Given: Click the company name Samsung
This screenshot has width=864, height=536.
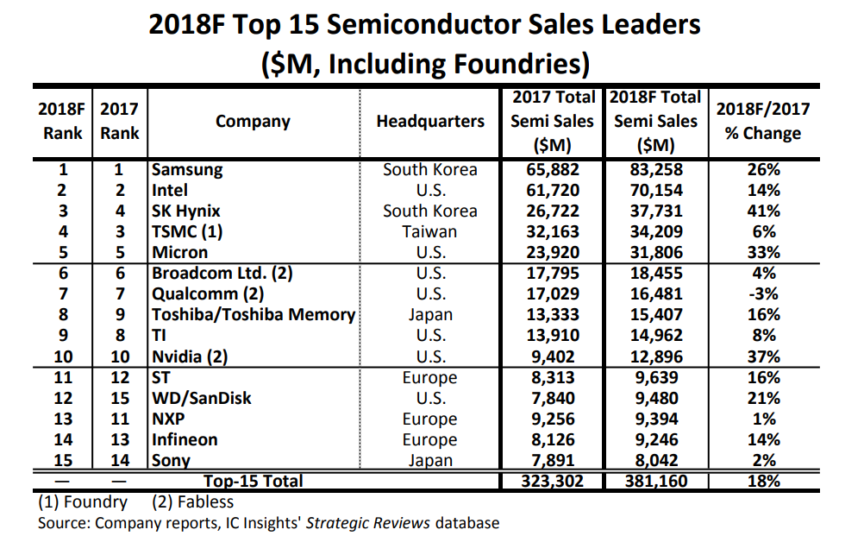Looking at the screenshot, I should (187, 170).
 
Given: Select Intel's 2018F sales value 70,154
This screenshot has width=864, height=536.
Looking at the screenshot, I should (657, 191).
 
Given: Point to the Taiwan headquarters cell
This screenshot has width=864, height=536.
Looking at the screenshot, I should (429, 232).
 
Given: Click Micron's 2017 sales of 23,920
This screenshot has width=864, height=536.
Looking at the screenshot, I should (553, 253).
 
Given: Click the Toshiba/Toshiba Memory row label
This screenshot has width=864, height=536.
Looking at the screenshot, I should (254, 315).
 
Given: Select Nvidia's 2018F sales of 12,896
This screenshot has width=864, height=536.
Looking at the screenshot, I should (657, 356).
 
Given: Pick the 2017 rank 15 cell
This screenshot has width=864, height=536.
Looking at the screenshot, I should (120, 398).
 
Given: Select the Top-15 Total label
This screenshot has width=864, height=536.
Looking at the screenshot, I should (254, 481).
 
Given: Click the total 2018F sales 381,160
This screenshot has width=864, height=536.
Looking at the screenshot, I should (657, 481).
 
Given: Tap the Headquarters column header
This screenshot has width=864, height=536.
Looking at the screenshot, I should (429, 122).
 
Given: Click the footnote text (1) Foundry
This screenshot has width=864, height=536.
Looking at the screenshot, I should (84, 501).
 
